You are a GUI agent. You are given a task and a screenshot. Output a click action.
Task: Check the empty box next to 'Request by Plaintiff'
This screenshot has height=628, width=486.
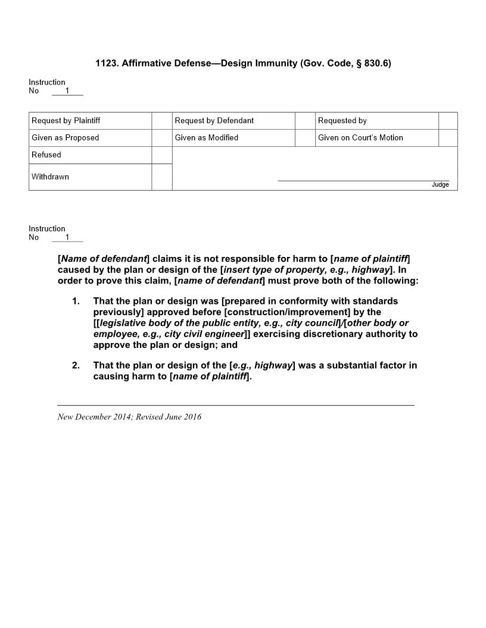161,121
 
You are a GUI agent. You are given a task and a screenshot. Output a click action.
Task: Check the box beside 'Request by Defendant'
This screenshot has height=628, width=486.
305,121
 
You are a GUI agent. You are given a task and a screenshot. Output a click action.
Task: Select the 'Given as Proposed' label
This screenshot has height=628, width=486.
66,138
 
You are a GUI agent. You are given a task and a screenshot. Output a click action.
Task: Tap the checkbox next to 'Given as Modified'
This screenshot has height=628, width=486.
305,138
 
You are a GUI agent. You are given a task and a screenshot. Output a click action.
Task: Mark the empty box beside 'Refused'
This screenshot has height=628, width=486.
161,155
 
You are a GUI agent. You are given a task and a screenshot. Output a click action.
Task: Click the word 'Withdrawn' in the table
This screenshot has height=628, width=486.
50,177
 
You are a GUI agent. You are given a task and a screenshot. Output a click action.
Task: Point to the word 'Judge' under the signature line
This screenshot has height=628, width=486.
440,185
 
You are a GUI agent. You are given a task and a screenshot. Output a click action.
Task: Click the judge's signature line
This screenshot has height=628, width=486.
363,180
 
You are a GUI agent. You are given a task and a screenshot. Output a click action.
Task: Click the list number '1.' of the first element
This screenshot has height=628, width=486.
76,301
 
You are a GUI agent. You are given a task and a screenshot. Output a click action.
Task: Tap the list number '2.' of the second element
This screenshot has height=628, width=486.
76,365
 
